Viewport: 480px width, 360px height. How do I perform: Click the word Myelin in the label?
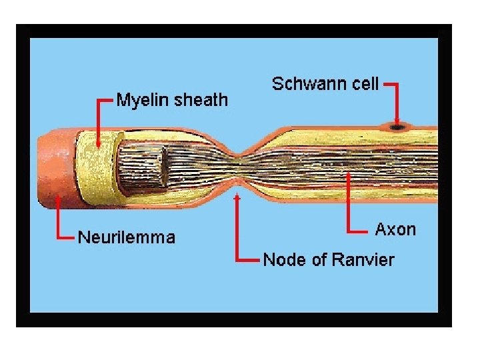(x=141, y=101)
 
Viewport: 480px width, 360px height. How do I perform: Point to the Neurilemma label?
(x=127, y=237)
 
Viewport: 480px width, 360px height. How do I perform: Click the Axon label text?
(x=395, y=230)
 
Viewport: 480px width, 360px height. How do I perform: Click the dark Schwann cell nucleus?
(x=397, y=125)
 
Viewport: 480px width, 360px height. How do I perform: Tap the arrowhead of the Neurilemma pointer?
(x=59, y=198)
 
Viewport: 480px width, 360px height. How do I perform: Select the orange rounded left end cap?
(x=53, y=163)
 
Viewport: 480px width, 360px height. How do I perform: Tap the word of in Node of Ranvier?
(x=320, y=259)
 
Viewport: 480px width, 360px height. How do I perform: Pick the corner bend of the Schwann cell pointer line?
(x=397, y=85)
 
